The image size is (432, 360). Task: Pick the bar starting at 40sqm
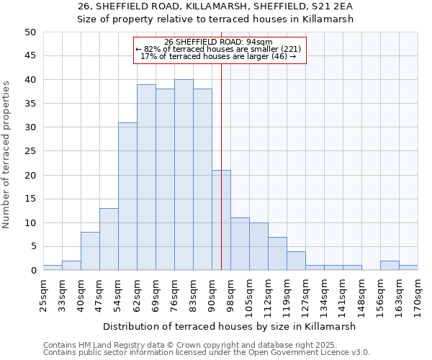[90, 251]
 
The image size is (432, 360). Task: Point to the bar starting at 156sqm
[390, 266]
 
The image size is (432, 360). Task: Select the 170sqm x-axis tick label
[418, 295]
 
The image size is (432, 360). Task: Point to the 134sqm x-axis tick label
[325, 295]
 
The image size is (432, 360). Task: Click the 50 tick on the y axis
[30, 32]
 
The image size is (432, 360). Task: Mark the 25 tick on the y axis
[30, 151]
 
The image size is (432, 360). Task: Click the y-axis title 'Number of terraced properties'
[7, 154]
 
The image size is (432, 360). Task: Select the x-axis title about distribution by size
[231, 326]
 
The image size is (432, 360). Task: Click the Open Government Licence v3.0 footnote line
[207, 353]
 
